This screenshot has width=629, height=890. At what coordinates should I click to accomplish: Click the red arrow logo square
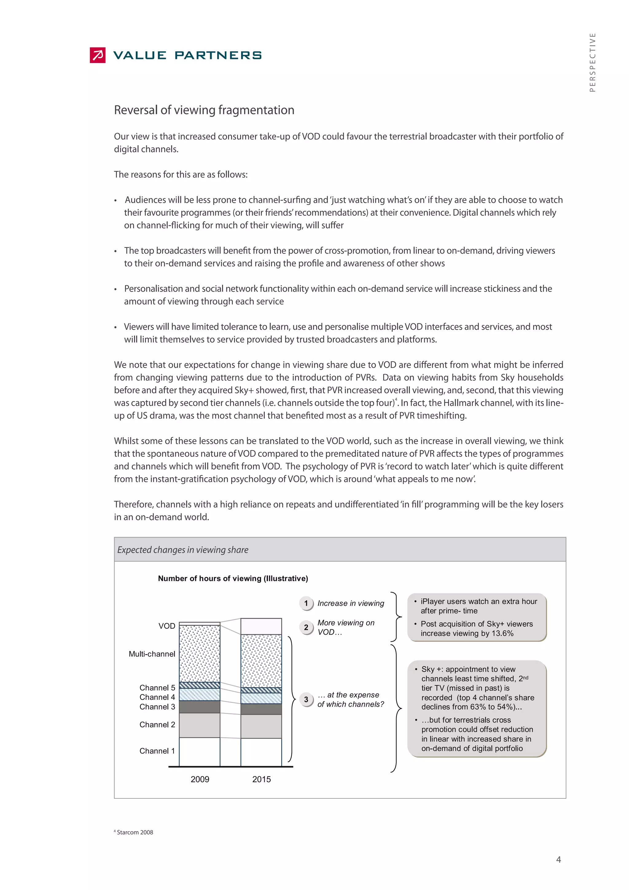pyautogui.click(x=98, y=55)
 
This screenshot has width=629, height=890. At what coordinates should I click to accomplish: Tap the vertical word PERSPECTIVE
pyautogui.click(x=592, y=62)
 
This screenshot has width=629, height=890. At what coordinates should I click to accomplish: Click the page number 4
pyautogui.click(x=558, y=859)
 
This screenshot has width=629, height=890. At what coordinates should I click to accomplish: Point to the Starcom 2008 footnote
pyautogui.click(x=135, y=832)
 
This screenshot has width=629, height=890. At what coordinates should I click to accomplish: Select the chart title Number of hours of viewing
pyautogui.click(x=233, y=578)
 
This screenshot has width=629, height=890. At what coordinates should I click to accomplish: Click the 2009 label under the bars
pyautogui.click(x=200, y=779)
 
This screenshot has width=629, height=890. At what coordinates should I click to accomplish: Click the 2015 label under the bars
pyautogui.click(x=261, y=779)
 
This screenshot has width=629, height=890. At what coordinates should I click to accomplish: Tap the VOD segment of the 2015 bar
pyautogui.click(x=261, y=626)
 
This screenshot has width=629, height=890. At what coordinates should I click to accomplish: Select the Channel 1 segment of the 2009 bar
pyautogui.click(x=199, y=752)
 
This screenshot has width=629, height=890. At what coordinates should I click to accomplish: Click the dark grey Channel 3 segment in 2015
pyautogui.click(x=261, y=709)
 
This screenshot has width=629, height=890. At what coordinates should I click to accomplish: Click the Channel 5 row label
pyautogui.click(x=157, y=688)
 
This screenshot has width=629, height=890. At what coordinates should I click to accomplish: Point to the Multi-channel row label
pyautogui.click(x=152, y=654)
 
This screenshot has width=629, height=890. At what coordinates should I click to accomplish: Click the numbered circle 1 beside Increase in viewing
pyautogui.click(x=306, y=603)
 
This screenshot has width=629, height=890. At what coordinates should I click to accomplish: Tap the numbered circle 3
pyautogui.click(x=306, y=699)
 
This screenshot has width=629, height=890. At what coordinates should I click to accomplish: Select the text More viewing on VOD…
pyautogui.click(x=346, y=627)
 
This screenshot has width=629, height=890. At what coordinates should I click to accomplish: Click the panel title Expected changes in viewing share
pyautogui.click(x=183, y=550)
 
